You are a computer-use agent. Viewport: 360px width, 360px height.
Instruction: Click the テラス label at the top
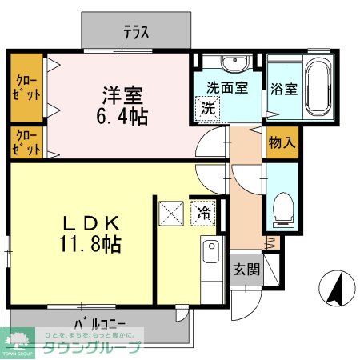(x=137, y=33)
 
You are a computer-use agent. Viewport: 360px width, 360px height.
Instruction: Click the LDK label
(x=89, y=222)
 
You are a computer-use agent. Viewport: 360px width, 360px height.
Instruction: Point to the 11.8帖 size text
(x=89, y=244)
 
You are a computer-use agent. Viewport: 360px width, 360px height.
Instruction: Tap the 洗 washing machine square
(x=206, y=106)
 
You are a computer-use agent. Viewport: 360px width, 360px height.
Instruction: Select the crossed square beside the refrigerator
(x=171, y=213)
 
